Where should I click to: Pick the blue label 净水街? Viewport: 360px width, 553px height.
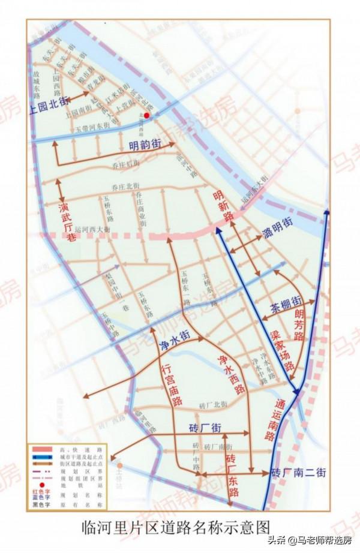[x=175, y=341]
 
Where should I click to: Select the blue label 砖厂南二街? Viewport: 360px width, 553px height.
[x=298, y=472]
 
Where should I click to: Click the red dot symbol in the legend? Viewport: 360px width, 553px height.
[x=42, y=485]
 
